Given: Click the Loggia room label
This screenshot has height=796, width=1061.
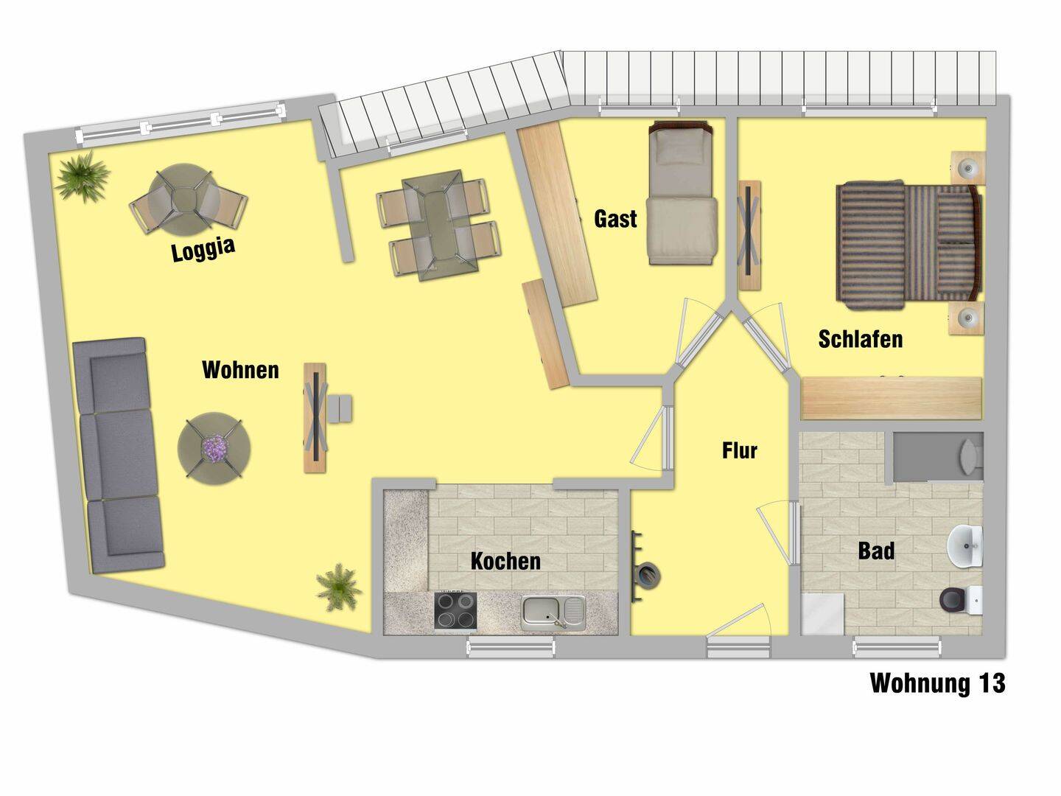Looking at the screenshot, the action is (203, 249).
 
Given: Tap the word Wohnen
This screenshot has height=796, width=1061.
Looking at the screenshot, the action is (240, 370).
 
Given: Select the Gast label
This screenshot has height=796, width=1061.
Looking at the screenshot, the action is (614, 219).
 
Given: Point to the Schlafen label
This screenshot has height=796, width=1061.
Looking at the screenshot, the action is (861, 339).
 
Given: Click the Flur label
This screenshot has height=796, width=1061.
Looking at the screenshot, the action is (740, 450).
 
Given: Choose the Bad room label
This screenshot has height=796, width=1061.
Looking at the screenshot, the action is (876, 551).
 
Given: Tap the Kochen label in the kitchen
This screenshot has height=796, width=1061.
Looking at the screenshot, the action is (505, 561).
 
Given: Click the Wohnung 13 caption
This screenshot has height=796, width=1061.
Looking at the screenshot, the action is (937, 683).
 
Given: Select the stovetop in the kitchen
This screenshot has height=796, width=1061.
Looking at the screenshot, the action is (455, 610).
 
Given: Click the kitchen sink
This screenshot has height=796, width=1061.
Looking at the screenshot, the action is (553, 612).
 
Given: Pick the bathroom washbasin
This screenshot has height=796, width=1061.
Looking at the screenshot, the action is (964, 546).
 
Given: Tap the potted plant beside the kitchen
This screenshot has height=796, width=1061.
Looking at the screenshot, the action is (338, 587).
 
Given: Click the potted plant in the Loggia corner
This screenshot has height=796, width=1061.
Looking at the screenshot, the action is (81, 175).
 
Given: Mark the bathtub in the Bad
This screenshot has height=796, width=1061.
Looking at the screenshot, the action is (938, 457).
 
